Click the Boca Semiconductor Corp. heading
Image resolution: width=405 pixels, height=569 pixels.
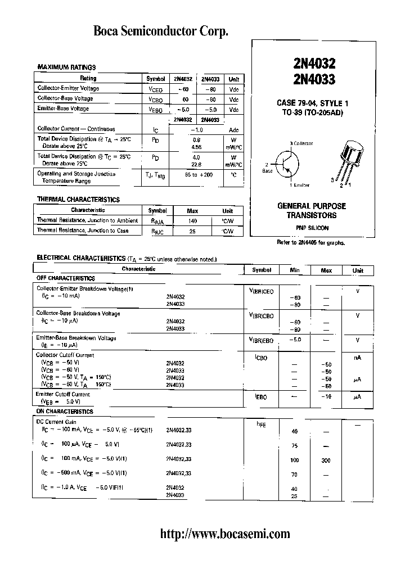161,33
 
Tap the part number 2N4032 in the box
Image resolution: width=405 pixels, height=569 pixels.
307,65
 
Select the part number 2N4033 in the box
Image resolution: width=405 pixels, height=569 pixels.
307,79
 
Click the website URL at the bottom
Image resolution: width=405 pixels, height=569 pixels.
225,534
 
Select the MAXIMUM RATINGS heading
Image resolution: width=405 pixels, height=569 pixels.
66,67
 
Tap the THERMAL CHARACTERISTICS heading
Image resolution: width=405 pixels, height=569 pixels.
78,200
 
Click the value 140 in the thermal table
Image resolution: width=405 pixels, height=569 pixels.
192,221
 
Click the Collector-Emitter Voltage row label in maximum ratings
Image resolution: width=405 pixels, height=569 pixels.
68,88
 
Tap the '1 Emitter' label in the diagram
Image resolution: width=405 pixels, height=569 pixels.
300,185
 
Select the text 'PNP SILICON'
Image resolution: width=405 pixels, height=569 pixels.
312,228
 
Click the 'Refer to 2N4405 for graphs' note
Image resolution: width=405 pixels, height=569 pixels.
310,243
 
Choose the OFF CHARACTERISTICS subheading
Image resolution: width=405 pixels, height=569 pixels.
66,278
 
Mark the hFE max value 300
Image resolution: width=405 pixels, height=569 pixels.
326,460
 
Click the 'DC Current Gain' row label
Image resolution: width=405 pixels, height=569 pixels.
57,422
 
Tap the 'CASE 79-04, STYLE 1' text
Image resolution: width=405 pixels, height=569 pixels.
312,103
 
